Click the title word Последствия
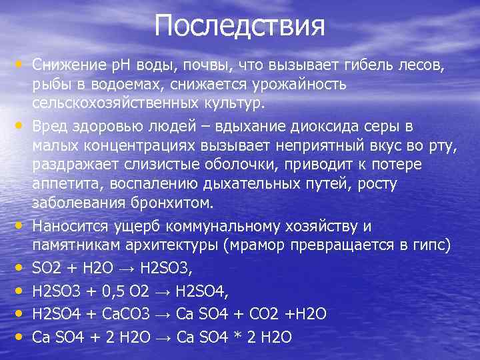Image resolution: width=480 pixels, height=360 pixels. click(240, 27)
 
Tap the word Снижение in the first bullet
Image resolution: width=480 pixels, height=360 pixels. click(65, 65)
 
